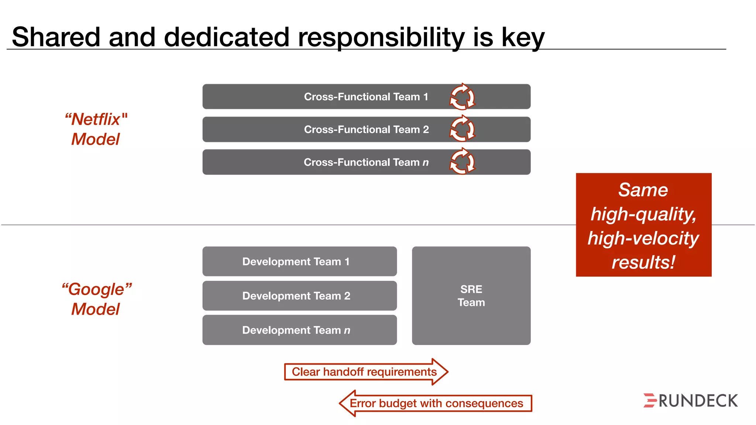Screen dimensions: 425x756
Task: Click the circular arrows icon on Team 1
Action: pos(462,97)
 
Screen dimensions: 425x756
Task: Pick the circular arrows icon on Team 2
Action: pos(462,129)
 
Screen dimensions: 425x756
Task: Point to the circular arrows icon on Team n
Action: pos(462,162)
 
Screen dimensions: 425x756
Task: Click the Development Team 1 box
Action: pos(299,262)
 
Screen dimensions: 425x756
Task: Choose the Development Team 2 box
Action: pos(299,296)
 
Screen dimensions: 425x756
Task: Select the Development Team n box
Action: pos(299,330)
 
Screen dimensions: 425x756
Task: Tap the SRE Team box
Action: pos(471,296)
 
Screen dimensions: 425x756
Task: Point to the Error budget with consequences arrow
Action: pos(436,403)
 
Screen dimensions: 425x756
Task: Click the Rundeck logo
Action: pos(690,401)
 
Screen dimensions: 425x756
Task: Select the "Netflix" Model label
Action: pos(96,129)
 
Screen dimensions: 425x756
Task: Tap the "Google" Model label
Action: pos(96,299)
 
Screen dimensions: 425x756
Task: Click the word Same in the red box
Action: pos(643,190)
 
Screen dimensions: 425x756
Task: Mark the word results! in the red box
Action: pos(643,262)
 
